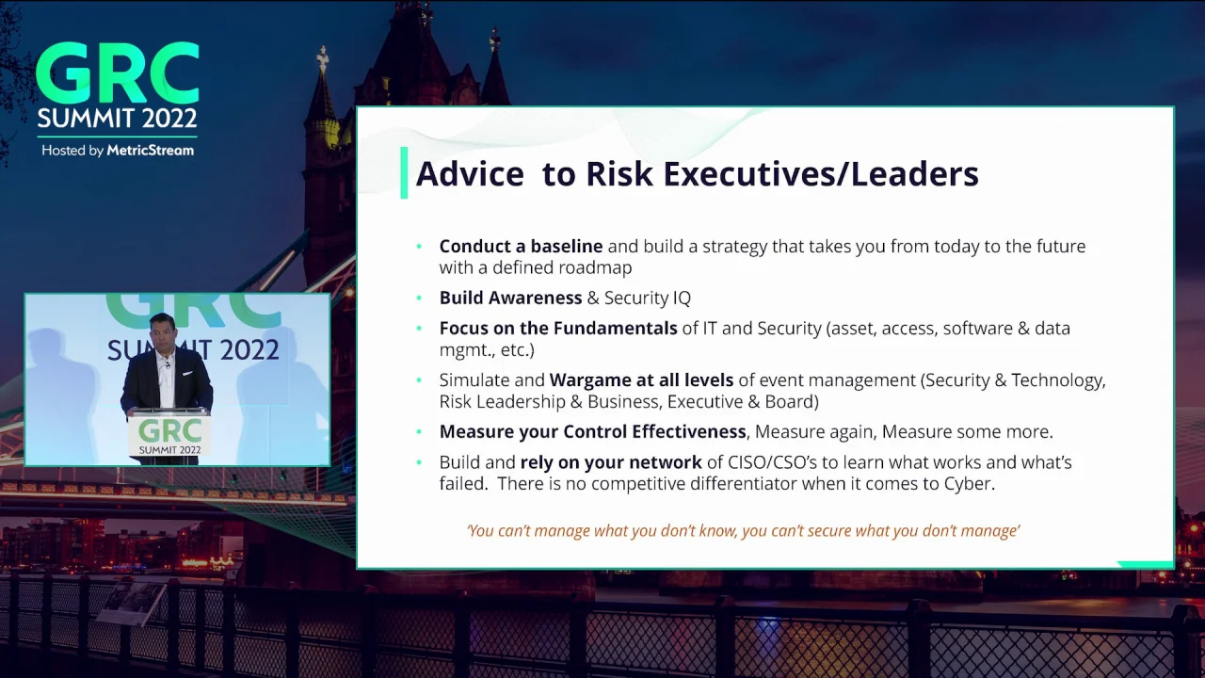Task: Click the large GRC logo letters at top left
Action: pos(117,74)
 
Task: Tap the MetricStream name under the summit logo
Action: pos(150,151)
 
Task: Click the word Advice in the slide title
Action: pos(469,174)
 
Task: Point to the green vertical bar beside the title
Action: pos(404,173)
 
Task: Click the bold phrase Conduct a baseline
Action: pos(521,247)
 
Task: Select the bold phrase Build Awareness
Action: pos(510,299)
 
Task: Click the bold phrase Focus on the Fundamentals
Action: pos(557,329)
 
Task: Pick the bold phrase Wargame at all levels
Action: pos(641,380)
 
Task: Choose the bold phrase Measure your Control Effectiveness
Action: pos(592,432)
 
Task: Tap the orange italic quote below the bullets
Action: pos(743,531)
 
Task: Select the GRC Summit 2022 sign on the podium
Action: pos(169,436)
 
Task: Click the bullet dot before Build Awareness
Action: pos(419,299)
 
